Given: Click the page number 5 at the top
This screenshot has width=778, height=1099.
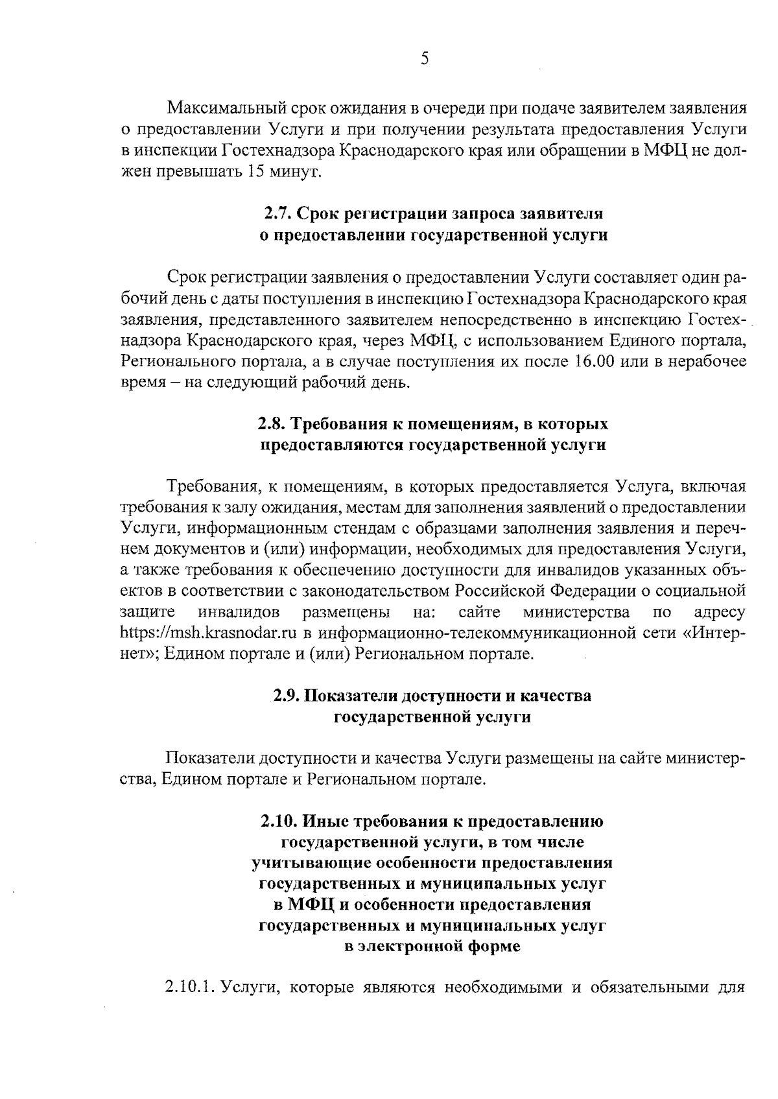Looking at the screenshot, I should [425, 60].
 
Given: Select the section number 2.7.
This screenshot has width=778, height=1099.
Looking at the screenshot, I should [278, 213].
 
